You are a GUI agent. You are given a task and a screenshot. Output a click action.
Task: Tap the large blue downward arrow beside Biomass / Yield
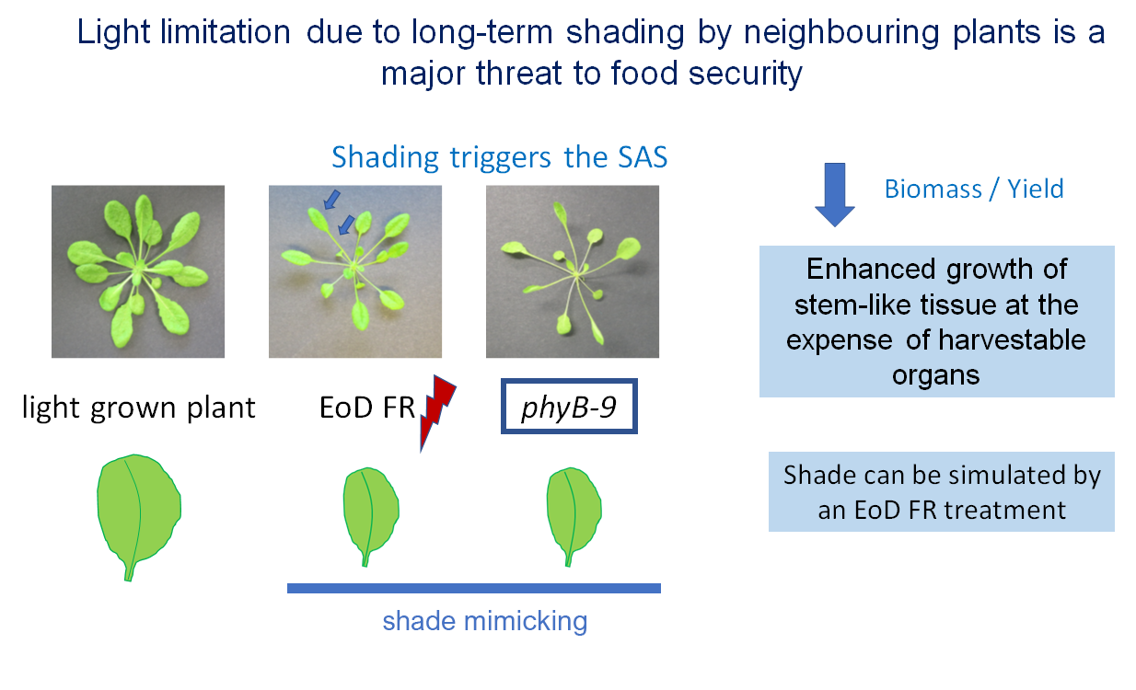click(835, 195)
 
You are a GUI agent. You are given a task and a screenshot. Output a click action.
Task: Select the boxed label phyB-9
click(569, 406)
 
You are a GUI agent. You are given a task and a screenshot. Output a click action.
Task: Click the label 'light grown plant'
click(138, 408)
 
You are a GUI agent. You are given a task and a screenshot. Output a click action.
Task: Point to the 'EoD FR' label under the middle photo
click(367, 408)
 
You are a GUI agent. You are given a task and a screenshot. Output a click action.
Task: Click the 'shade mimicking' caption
click(485, 621)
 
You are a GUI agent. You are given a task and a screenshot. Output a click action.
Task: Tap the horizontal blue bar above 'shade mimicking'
click(474, 588)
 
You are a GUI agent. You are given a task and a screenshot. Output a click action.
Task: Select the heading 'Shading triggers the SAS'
click(500, 157)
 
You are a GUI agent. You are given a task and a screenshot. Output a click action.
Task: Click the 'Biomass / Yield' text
click(974, 190)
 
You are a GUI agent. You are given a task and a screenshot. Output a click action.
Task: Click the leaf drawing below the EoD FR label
click(371, 514)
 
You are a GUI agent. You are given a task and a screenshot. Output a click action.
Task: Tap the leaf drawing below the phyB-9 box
click(574, 514)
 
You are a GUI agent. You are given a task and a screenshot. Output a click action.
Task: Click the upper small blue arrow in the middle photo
click(332, 200)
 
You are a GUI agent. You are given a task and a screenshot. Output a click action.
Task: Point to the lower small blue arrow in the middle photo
click(346, 225)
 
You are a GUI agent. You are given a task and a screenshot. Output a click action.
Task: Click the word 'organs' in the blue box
click(935, 375)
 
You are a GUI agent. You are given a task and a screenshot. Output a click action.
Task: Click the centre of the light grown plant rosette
click(137, 272)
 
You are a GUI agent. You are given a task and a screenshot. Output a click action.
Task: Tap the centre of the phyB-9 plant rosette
click(576, 275)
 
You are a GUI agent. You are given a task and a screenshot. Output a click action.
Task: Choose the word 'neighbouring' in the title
click(841, 32)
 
